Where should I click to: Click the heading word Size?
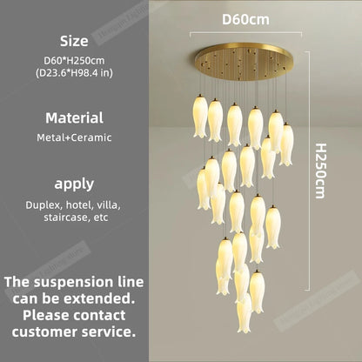click(x=74, y=41)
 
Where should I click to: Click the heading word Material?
click(x=74, y=118)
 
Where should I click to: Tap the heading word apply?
click(x=74, y=184)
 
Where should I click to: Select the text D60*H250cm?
click(x=74, y=60)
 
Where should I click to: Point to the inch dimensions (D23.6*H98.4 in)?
click(x=74, y=72)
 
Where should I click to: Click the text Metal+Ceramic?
click(x=74, y=137)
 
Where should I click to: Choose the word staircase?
click(x=67, y=218)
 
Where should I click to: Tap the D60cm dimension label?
click(x=245, y=19)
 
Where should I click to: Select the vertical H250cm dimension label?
click(x=321, y=171)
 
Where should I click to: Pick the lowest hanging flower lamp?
click(x=244, y=313)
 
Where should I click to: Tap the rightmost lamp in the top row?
click(x=286, y=144)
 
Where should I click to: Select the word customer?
click(x=44, y=332)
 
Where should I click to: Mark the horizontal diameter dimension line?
click(x=245, y=33)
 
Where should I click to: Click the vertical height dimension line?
click(x=307, y=171)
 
